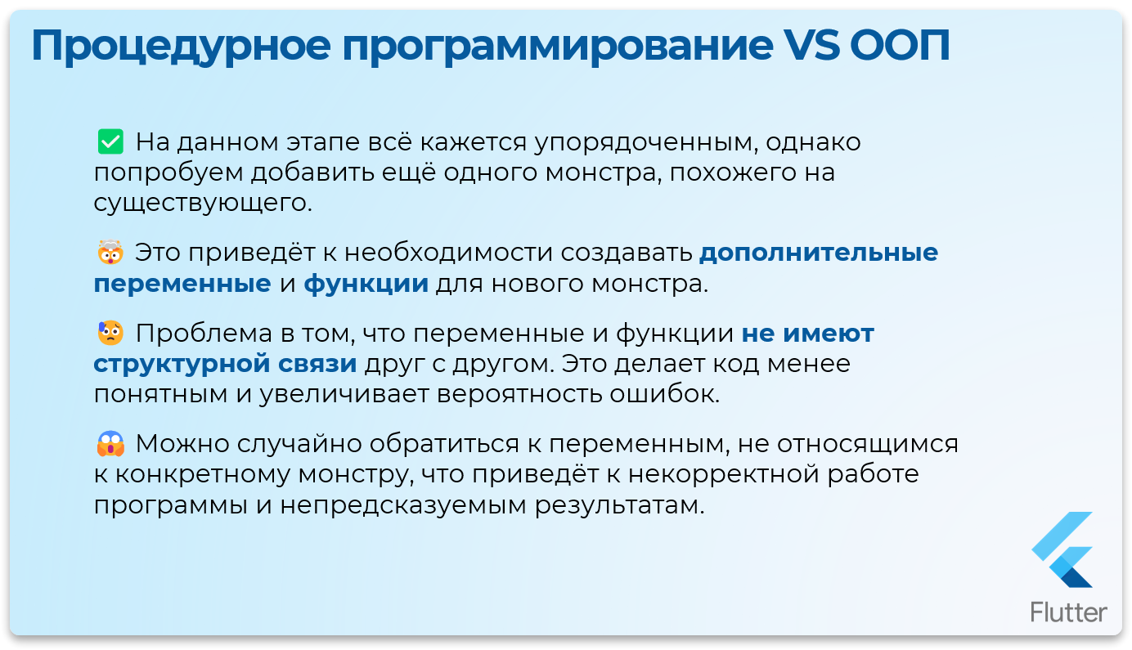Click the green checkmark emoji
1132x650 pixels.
(x=109, y=142)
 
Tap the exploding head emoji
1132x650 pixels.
(x=109, y=253)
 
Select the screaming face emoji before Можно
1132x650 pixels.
(x=109, y=445)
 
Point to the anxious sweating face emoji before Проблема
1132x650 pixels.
(x=109, y=334)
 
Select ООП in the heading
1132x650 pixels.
(x=900, y=47)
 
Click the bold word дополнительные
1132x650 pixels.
(x=819, y=253)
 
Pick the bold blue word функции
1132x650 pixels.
(x=366, y=284)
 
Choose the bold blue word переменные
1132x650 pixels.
(x=182, y=284)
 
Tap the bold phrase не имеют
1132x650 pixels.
(x=808, y=334)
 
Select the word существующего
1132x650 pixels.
(x=203, y=203)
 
